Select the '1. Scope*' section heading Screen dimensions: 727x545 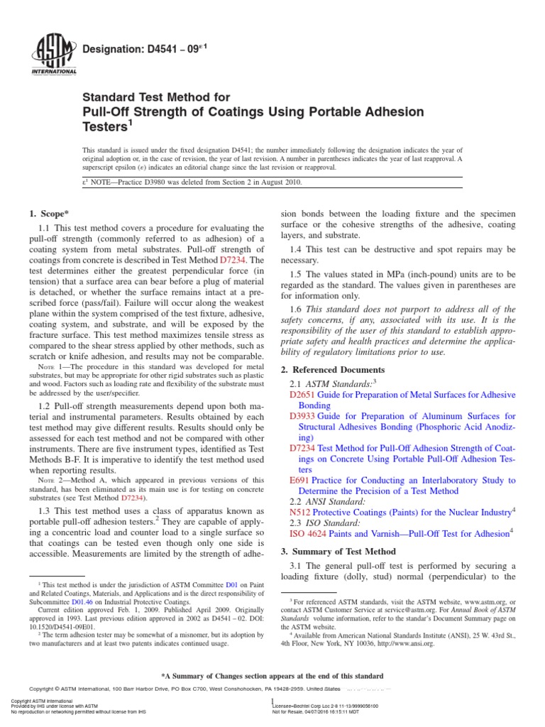tap(50, 214)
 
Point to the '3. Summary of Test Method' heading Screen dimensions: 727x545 tap(338, 551)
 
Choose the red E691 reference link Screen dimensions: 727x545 tap(299, 481)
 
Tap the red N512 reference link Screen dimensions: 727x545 tap(300, 512)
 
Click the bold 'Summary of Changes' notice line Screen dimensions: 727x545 tap(272, 676)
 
